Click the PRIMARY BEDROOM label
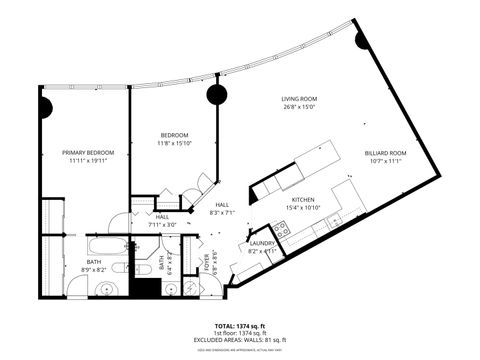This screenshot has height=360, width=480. pyautogui.click(x=88, y=153)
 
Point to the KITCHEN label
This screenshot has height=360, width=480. pyautogui.click(x=303, y=200)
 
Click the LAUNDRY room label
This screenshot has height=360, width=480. pyautogui.click(x=263, y=243)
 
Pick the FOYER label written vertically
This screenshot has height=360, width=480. pyautogui.click(x=207, y=263)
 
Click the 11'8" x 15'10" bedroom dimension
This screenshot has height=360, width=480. pyautogui.click(x=175, y=144)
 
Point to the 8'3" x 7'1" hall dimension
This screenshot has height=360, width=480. pyautogui.click(x=222, y=213)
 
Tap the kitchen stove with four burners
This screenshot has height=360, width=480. pyautogui.click(x=283, y=231)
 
